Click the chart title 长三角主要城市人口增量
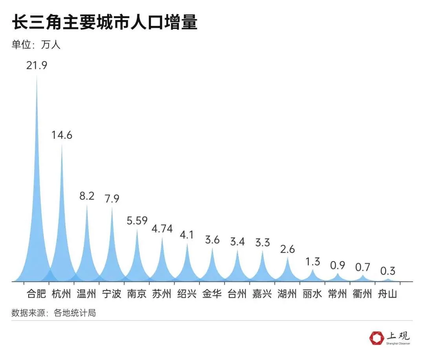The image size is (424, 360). (104, 23)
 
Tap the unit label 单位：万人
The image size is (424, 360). (36, 45)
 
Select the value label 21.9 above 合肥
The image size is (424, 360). (37, 65)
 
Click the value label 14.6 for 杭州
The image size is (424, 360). (62, 135)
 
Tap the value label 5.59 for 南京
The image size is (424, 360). (137, 220)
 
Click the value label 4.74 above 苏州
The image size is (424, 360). (162, 229)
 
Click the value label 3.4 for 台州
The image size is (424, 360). (237, 242)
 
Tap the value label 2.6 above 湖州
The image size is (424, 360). (287, 249)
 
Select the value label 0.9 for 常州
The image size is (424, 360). (337, 265)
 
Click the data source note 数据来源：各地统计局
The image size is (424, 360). (54, 313)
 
